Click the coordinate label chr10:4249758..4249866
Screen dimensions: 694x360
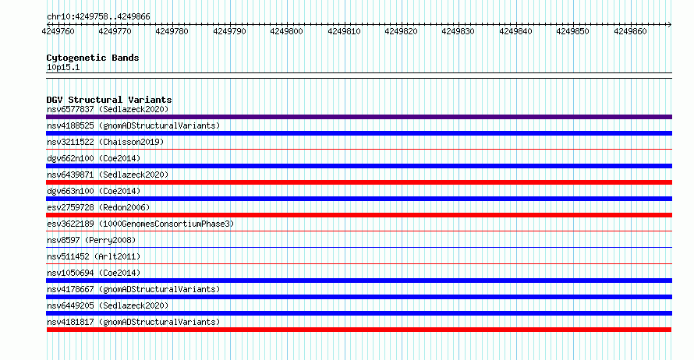tap(98, 17)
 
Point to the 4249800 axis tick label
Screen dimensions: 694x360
tap(286, 31)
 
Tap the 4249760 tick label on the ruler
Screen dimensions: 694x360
tap(58, 31)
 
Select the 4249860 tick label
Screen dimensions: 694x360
tap(630, 31)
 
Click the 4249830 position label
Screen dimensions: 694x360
tap(458, 31)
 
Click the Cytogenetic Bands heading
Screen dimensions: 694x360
tap(93, 58)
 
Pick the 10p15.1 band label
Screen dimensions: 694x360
tap(63, 67)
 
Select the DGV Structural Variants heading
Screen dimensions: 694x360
tap(109, 100)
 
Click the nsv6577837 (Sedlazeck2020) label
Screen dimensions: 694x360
tap(108, 109)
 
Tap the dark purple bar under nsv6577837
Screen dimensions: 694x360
tap(359, 117)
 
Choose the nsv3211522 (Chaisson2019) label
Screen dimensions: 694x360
tap(105, 142)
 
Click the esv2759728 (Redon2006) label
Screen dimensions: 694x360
tap(98, 207)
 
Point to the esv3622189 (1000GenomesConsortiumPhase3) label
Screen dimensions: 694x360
tap(140, 224)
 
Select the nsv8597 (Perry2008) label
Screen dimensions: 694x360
tap(91, 240)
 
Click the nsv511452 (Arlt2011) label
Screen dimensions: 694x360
tap(94, 256)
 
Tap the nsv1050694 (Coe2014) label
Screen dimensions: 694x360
tap(94, 273)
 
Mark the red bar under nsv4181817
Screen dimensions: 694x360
tap(359, 330)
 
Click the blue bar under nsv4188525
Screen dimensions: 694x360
tap(359, 133)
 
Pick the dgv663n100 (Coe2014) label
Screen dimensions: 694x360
tap(94, 191)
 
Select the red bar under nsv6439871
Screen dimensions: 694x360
tap(359, 182)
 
